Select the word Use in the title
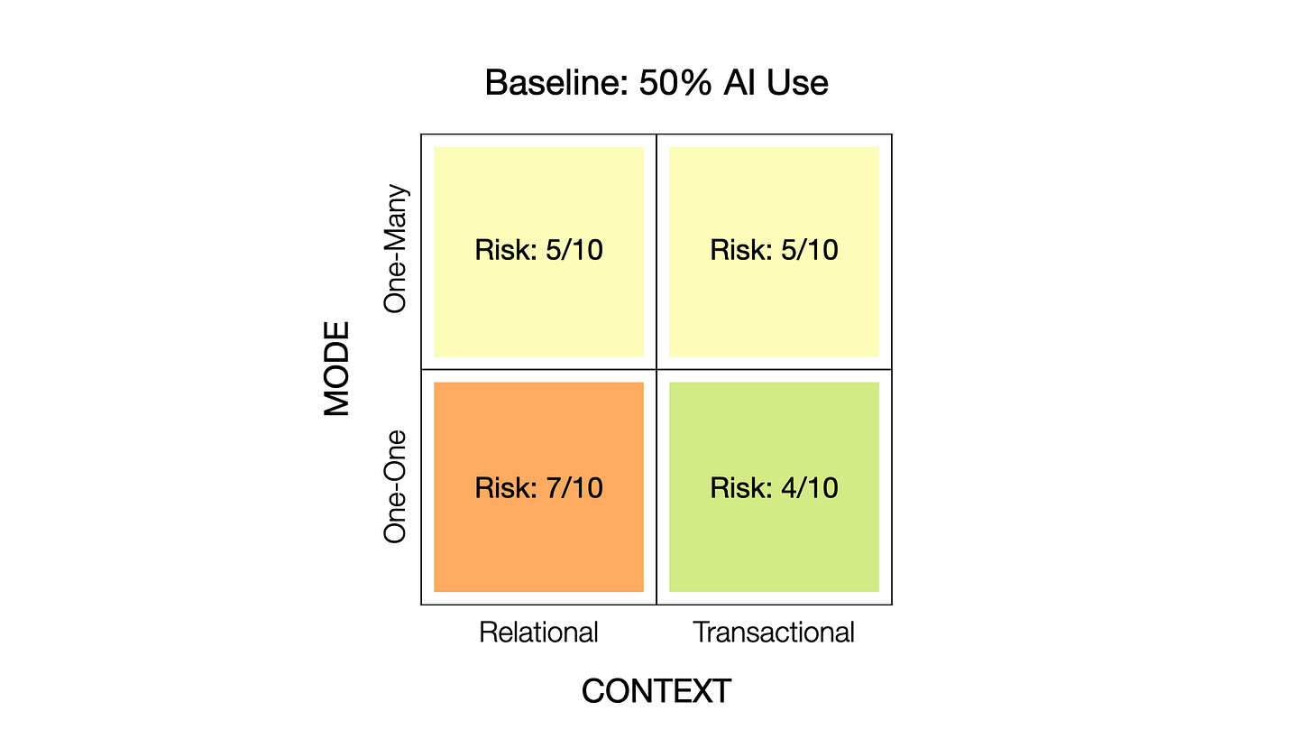coord(796,83)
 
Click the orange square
coord(538,541)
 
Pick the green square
coord(774,541)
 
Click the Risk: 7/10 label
coord(538,488)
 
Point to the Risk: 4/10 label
coord(774,488)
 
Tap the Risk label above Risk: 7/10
coord(538,250)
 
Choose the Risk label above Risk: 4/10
coord(774,250)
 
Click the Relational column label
coord(538,633)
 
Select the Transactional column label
coord(774,633)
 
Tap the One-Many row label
coord(395,249)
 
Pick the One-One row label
coord(395,486)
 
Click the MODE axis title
coord(337,369)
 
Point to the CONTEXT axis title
coord(656,691)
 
